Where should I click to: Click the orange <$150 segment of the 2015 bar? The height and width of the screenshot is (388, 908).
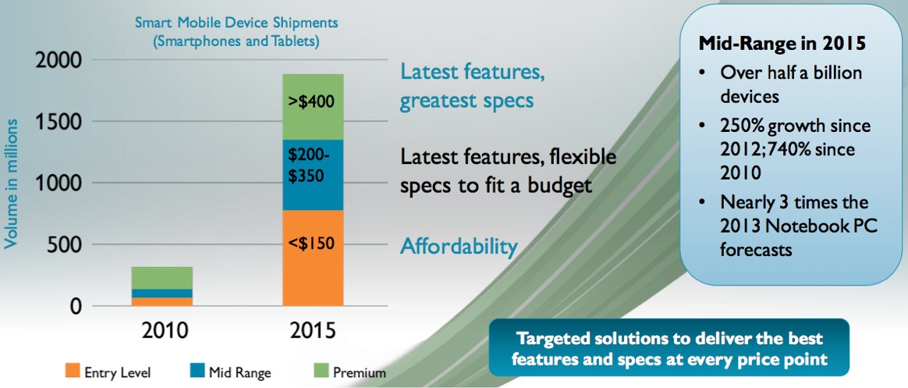pos(313,258)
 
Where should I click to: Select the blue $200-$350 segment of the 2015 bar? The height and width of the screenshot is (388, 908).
pos(313,175)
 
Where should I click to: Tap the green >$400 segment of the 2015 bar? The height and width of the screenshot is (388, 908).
pos(313,107)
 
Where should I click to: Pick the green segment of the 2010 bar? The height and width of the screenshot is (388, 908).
pos(161,278)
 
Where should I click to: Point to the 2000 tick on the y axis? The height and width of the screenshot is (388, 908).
pos(57,60)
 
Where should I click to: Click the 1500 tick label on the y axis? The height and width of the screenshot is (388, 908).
pos(59,121)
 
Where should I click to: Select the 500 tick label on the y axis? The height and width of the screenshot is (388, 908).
pos(63,245)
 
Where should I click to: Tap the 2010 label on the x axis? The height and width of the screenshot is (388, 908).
pos(165,331)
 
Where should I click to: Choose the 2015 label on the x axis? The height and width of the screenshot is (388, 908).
pos(312,331)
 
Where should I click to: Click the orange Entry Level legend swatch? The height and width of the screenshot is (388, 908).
pos(73,370)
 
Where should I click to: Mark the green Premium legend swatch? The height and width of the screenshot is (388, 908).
pos(321,370)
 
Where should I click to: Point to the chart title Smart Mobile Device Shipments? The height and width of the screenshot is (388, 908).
pos(236,24)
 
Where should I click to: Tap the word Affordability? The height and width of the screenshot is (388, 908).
pos(459,247)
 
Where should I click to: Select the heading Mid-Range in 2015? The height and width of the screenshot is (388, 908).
pos(783,44)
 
